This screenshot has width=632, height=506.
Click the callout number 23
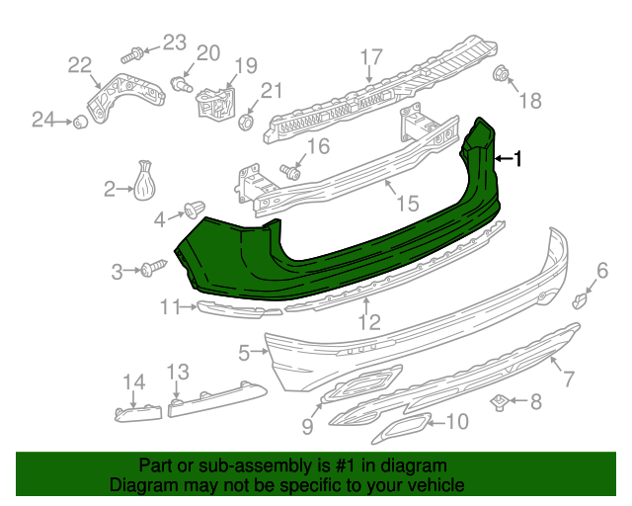pos(174,42)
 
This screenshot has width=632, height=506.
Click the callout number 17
pos(370,56)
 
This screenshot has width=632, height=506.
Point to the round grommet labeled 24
pos(76,122)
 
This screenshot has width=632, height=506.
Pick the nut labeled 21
pos(248,122)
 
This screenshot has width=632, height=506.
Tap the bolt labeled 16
pos(290,172)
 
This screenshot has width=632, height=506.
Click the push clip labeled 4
pos(194,211)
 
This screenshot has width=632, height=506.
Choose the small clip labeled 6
pos(583,297)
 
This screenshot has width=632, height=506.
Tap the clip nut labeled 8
pos(502,400)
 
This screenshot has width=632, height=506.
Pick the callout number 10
pos(457,422)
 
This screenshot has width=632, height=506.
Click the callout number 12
pos(368,321)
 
